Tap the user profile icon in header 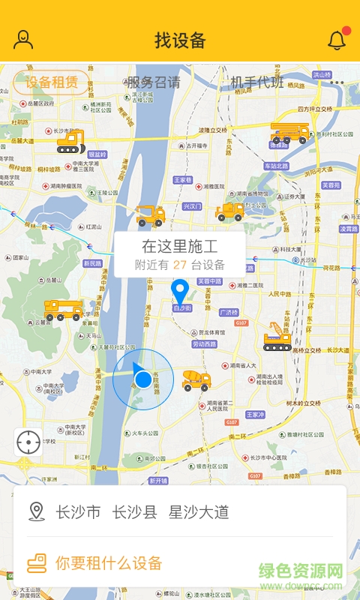(x=24, y=40)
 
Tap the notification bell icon (x=337, y=40)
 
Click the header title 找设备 (x=180, y=40)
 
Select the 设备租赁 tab (x=52, y=82)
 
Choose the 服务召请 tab (x=154, y=82)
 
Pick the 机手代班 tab (x=257, y=82)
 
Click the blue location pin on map (x=180, y=290)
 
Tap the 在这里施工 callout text (x=180, y=246)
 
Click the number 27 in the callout (x=180, y=265)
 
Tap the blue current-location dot (x=143, y=379)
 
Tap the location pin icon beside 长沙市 (x=36, y=512)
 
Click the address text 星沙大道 (x=199, y=512)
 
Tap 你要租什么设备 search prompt (x=109, y=562)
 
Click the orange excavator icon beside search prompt (x=37, y=562)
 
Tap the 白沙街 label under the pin (x=182, y=307)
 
